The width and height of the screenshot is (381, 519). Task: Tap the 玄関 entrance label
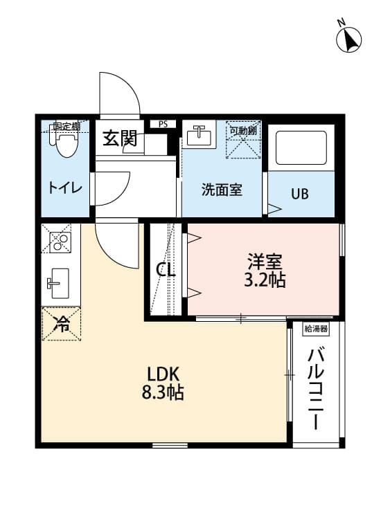pos(120,138)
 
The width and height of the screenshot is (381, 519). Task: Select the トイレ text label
pos(65,188)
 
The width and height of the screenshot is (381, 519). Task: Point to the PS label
pos(163,125)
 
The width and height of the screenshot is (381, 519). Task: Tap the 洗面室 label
pos(222,190)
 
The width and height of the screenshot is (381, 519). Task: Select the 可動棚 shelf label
pos(244,129)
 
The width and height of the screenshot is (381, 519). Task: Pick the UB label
pos(300,193)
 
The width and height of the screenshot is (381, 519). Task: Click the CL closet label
pos(166,270)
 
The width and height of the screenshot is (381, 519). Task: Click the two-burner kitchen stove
pos(60,240)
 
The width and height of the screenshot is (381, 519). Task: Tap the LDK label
pos(163,374)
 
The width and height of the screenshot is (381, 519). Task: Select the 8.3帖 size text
pos(163,394)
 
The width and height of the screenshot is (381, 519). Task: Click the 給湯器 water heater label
pos(316,329)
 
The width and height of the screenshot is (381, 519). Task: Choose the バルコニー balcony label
pos(317,388)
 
